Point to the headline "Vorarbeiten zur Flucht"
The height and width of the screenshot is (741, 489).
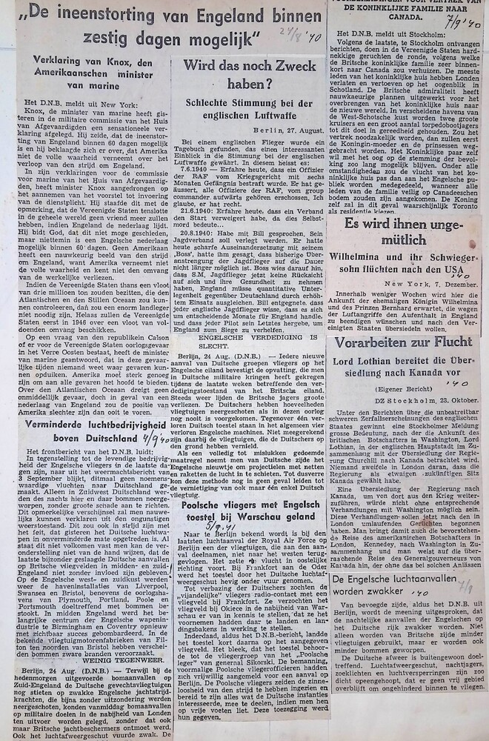click(x=403, y=342)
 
